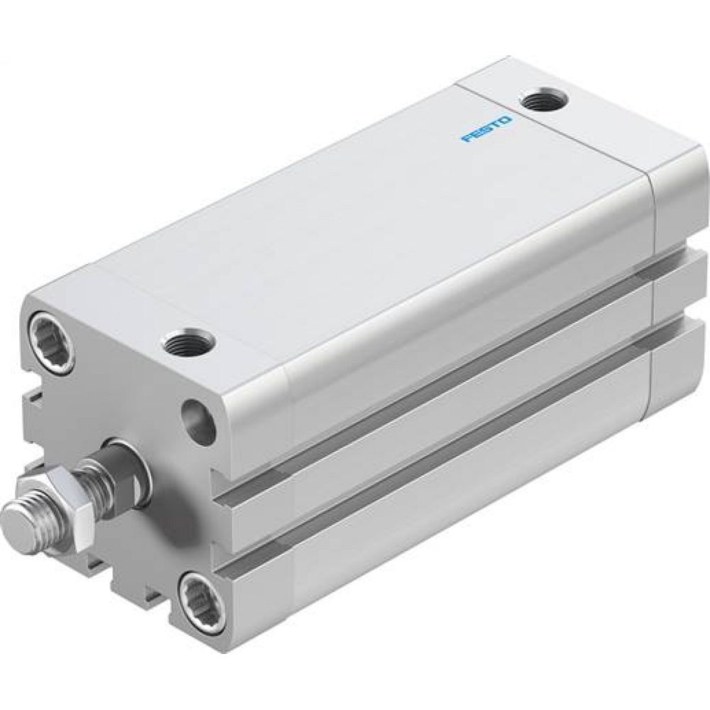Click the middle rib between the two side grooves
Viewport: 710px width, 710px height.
[x=440, y=454]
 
